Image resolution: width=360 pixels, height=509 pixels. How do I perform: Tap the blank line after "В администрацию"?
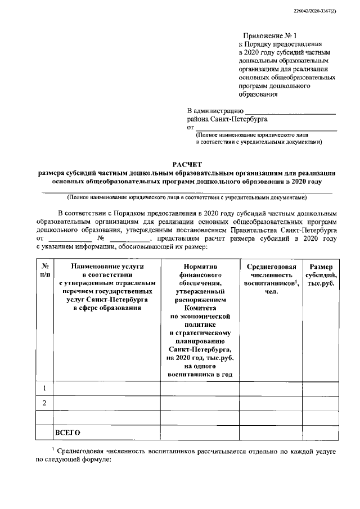click(291, 113)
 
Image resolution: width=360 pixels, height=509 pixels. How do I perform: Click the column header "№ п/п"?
click(44, 270)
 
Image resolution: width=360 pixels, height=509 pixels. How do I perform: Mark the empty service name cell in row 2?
click(106, 403)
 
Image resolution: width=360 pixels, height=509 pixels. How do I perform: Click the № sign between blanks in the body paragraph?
click(101, 238)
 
